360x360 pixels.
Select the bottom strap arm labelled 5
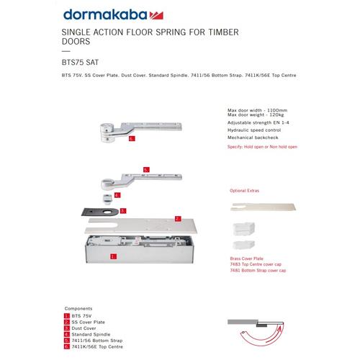coord(151,176)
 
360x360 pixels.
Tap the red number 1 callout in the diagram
coord(114,256)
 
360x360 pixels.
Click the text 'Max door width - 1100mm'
coord(256,110)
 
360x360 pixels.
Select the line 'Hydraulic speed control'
coord(253,130)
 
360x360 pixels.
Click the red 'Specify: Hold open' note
coord(261,146)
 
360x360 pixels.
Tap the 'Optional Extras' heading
coord(244,192)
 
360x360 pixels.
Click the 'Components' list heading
coord(78,307)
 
